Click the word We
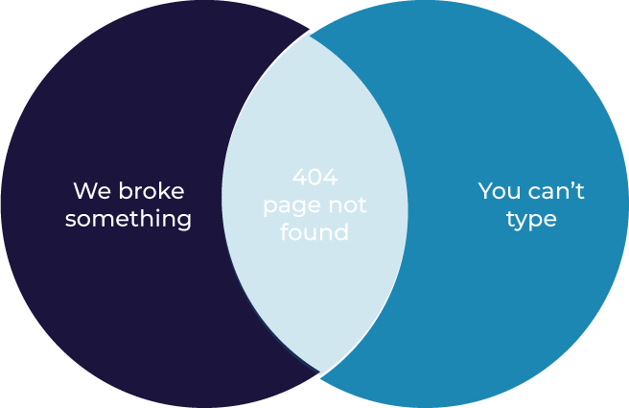(x=91, y=190)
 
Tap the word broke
(x=151, y=190)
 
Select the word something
(x=128, y=219)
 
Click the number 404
(x=315, y=179)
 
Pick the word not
(x=347, y=205)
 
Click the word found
(x=314, y=233)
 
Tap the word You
(x=500, y=190)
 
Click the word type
(x=531, y=220)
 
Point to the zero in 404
(x=315, y=179)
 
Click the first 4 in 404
(x=300, y=179)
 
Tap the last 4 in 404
(x=331, y=179)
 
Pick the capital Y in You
(x=485, y=190)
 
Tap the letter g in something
(x=183, y=221)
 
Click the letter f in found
(x=285, y=232)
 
